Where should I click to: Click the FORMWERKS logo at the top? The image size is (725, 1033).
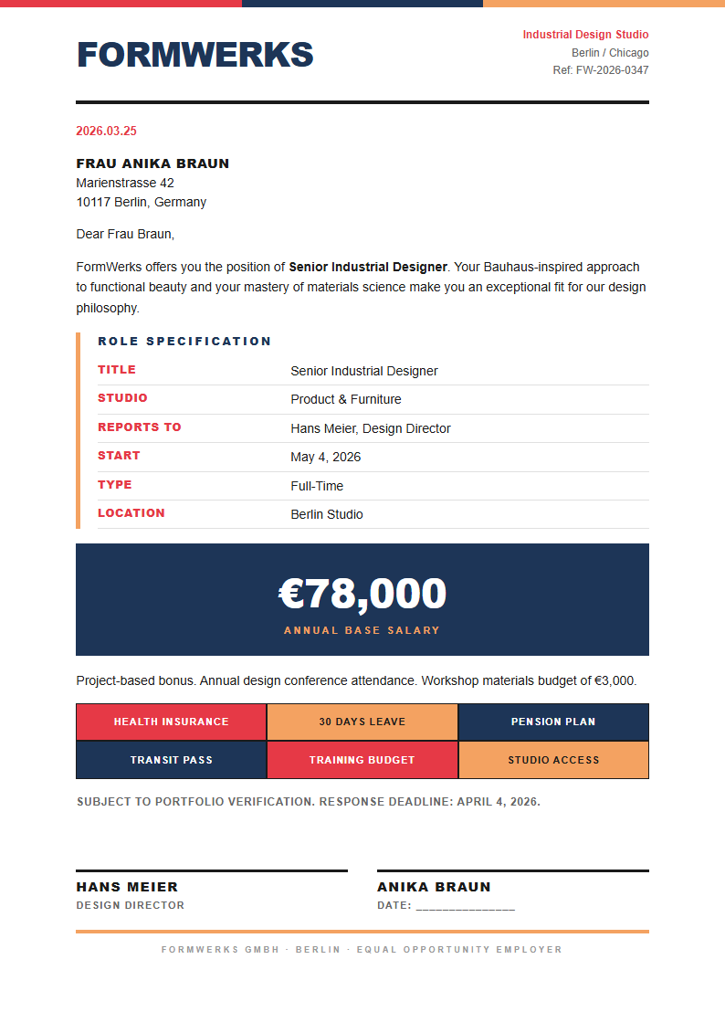(x=194, y=55)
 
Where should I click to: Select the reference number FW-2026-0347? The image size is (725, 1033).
(x=612, y=70)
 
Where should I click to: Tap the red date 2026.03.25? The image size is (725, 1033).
(x=106, y=132)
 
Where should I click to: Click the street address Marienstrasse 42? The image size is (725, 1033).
(x=125, y=183)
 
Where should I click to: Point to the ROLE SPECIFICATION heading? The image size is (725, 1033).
(x=184, y=342)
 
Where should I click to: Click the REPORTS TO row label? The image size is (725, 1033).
(x=140, y=427)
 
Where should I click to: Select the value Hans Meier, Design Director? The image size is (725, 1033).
(x=370, y=428)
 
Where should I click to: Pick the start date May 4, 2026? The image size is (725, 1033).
(x=325, y=457)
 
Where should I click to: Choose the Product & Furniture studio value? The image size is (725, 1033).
(x=345, y=399)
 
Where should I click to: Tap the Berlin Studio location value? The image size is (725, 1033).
(x=326, y=514)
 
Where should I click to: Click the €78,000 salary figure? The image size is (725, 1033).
(x=362, y=594)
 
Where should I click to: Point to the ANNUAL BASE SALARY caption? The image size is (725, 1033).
(x=362, y=630)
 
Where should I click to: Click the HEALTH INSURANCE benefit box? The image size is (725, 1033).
(x=171, y=722)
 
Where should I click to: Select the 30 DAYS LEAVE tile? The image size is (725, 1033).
(x=362, y=722)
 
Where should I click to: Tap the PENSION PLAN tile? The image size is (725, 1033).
(x=553, y=722)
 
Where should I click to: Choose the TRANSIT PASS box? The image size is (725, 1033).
(x=171, y=760)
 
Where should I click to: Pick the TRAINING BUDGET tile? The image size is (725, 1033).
(x=362, y=760)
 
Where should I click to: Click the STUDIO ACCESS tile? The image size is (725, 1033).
(x=553, y=760)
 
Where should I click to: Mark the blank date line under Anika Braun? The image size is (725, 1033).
(x=465, y=906)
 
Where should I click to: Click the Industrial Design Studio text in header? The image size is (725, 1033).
(x=585, y=35)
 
